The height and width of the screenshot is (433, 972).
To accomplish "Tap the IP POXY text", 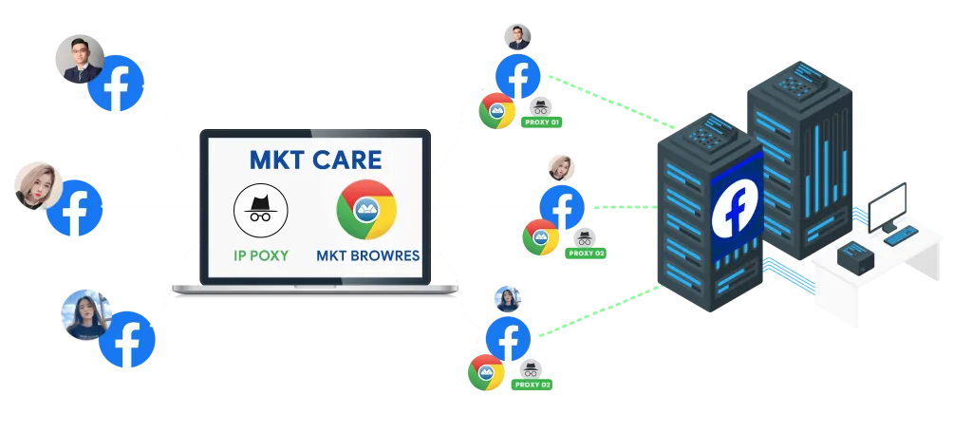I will (x=260, y=254).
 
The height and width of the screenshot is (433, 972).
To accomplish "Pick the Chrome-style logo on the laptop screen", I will (x=365, y=209).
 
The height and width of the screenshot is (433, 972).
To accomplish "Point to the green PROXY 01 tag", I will (x=542, y=122).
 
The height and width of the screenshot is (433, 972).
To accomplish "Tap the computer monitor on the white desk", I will (x=887, y=205).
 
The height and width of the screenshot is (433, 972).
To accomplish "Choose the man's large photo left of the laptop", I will (x=79, y=59).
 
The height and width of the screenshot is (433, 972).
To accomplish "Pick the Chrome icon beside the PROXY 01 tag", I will (x=497, y=111).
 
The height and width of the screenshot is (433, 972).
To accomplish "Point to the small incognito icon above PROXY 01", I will (x=540, y=106).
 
